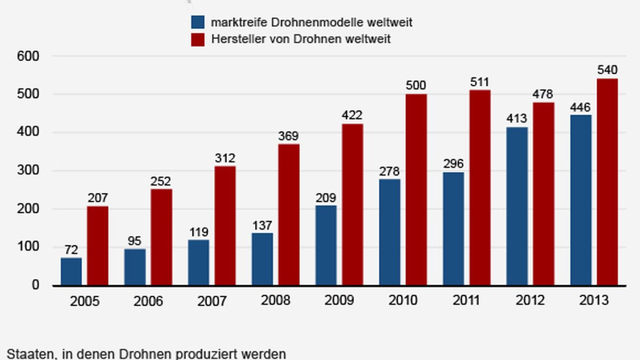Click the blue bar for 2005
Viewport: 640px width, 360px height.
[71, 271]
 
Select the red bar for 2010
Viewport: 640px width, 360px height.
[416, 190]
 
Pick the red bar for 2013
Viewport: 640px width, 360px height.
[607, 182]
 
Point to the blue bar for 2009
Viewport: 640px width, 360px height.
[326, 245]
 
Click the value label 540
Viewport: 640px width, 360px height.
[607, 70]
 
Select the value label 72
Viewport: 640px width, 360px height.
[71, 250]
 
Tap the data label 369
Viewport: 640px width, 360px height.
[288, 136]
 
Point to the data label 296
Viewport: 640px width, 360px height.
[453, 164]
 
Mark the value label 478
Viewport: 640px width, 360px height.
[543, 94]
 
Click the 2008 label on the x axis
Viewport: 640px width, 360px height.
[276, 300]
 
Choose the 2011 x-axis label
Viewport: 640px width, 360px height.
[467, 300]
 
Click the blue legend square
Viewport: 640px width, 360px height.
[197, 23]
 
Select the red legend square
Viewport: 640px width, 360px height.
[197, 39]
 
